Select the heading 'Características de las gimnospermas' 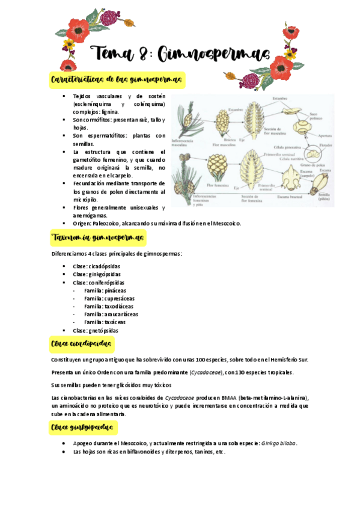(x=117, y=79)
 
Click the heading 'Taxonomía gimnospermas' (x=98, y=238)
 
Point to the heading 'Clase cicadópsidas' (x=82, y=345)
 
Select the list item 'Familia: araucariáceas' (x=111, y=314)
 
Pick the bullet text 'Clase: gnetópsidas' (x=96, y=330)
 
